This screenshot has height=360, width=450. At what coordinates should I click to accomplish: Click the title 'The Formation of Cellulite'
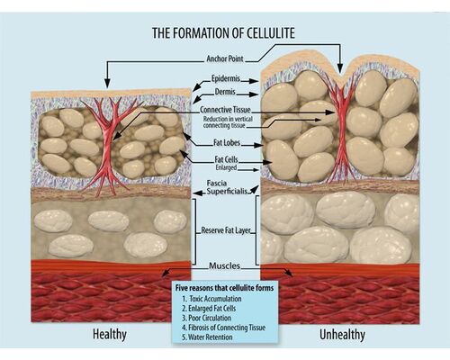coord(223,33)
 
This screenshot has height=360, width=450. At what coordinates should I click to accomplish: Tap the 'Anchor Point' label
coord(225,58)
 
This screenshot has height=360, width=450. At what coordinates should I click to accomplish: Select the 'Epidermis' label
coord(226,78)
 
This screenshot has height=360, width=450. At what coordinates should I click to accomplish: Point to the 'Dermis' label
coord(225,92)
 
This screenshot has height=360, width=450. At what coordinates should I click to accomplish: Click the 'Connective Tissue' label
coord(225,110)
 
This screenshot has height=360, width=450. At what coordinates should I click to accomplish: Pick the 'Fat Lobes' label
coord(227,142)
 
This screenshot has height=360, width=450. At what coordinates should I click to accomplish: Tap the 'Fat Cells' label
coord(226,159)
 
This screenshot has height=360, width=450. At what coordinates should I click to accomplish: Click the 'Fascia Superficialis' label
coord(227,187)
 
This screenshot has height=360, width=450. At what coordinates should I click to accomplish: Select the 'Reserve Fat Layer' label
coord(226,230)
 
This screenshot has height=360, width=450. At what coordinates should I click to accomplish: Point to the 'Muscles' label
coord(225,265)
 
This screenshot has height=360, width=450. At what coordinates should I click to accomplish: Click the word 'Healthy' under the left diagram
coord(110,335)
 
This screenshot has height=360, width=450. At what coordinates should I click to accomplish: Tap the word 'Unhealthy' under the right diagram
coord(342,335)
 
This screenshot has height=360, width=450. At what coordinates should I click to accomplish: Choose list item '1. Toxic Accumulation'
coord(211,299)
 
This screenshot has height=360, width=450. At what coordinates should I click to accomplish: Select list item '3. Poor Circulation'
coord(206,318)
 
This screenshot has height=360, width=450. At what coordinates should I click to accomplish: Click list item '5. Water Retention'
coord(207,337)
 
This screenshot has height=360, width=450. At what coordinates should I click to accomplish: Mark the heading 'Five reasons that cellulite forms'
coord(224,288)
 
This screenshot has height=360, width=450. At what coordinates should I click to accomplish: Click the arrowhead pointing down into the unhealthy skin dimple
coord(340,69)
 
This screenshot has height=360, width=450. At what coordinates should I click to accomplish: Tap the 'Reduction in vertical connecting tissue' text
coord(228,122)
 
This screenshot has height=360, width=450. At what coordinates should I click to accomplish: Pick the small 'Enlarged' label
coord(226,167)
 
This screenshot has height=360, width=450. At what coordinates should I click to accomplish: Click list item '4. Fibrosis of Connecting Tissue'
coord(223,328)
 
